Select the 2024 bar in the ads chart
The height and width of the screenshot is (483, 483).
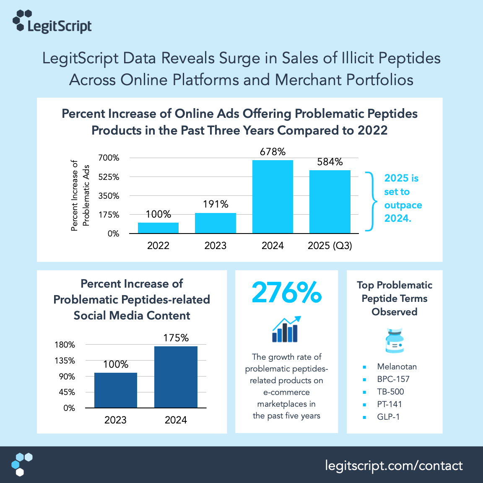coord(273,197)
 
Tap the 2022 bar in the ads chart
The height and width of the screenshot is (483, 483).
coord(158,228)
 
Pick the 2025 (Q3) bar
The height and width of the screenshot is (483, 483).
coord(330,202)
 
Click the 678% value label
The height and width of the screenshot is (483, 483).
coord(273,152)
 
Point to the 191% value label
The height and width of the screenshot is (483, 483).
coord(216,204)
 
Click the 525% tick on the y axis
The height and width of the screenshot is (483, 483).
coord(109,177)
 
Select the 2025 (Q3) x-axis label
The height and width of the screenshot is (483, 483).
coord(330,246)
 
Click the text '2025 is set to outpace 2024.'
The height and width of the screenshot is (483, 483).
coord(402,198)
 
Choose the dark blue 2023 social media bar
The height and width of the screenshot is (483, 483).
coord(116,390)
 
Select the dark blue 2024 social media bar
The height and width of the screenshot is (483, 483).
coord(176,377)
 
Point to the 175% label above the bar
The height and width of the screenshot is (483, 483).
coord(176,338)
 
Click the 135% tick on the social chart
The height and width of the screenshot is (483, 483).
coord(65,361)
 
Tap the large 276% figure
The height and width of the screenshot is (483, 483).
coord(287,293)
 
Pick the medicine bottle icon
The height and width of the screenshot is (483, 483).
coord(394,340)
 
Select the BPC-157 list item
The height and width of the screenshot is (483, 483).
coord(393,379)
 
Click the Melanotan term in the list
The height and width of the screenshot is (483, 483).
coord(397,366)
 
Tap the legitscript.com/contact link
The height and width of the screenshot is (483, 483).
coord(394,466)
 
